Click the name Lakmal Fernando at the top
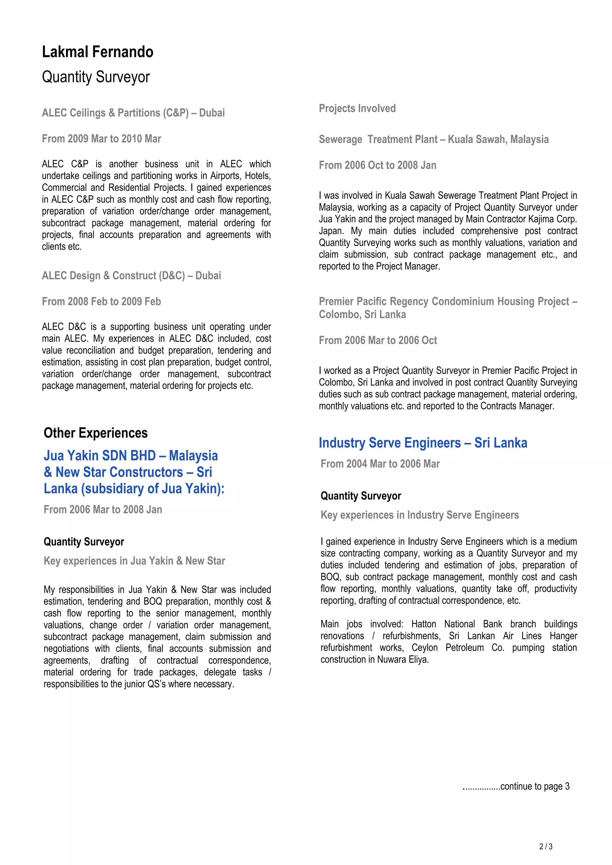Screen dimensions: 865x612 (98, 52)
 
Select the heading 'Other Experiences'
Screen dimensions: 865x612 (96, 433)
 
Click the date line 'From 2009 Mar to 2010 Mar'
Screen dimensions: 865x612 (101, 139)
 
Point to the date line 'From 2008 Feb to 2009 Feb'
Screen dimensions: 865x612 (101, 301)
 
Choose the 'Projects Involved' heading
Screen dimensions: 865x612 (357, 108)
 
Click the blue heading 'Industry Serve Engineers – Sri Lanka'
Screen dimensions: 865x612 (423, 443)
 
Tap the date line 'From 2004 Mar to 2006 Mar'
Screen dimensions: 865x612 (380, 464)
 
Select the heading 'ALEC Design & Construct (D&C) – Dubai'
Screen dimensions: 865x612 (131, 276)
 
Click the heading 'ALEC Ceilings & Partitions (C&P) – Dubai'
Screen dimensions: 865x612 (133, 113)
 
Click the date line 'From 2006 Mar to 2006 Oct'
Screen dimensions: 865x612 (378, 340)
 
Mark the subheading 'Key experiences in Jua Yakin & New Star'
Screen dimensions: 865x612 (134, 561)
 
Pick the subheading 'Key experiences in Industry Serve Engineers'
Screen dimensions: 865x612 (420, 515)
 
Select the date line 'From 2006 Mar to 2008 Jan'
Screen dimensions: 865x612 (103, 509)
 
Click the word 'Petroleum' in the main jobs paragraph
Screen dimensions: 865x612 (465, 648)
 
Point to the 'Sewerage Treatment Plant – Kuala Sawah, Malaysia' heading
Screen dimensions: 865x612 (433, 139)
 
